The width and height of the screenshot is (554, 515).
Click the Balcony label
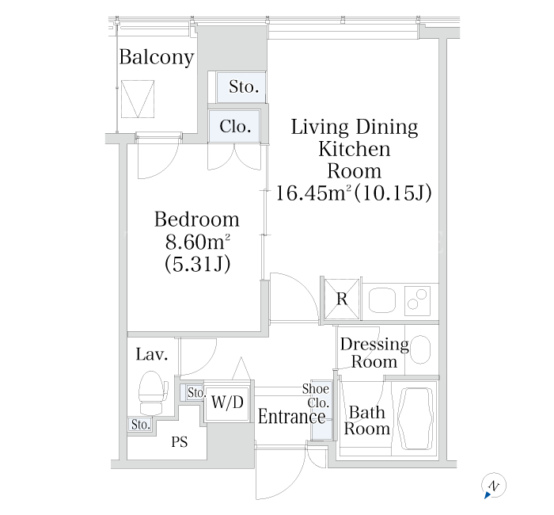point(157,57)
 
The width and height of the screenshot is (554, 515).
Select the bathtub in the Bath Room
point(415,419)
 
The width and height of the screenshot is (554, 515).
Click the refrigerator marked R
point(342,299)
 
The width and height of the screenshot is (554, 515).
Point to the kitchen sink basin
point(381,300)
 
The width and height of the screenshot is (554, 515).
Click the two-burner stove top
point(417,301)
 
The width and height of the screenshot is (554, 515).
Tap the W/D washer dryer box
point(228,402)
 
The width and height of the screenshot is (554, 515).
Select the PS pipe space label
point(180,442)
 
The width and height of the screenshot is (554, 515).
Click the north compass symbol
point(494,486)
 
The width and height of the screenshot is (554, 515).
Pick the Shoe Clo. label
point(316,395)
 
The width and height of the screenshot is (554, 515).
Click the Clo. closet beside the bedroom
point(234,126)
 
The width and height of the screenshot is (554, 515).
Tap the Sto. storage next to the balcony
point(241,87)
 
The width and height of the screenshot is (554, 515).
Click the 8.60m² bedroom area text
point(197,242)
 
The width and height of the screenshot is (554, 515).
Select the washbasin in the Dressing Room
point(421,349)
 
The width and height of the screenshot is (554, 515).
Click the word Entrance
point(291,416)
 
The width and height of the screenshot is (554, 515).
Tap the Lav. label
point(152,354)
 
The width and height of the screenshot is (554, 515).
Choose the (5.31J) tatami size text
point(197,264)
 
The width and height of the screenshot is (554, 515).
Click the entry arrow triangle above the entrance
point(241,368)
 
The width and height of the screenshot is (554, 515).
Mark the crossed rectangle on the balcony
point(138,99)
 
